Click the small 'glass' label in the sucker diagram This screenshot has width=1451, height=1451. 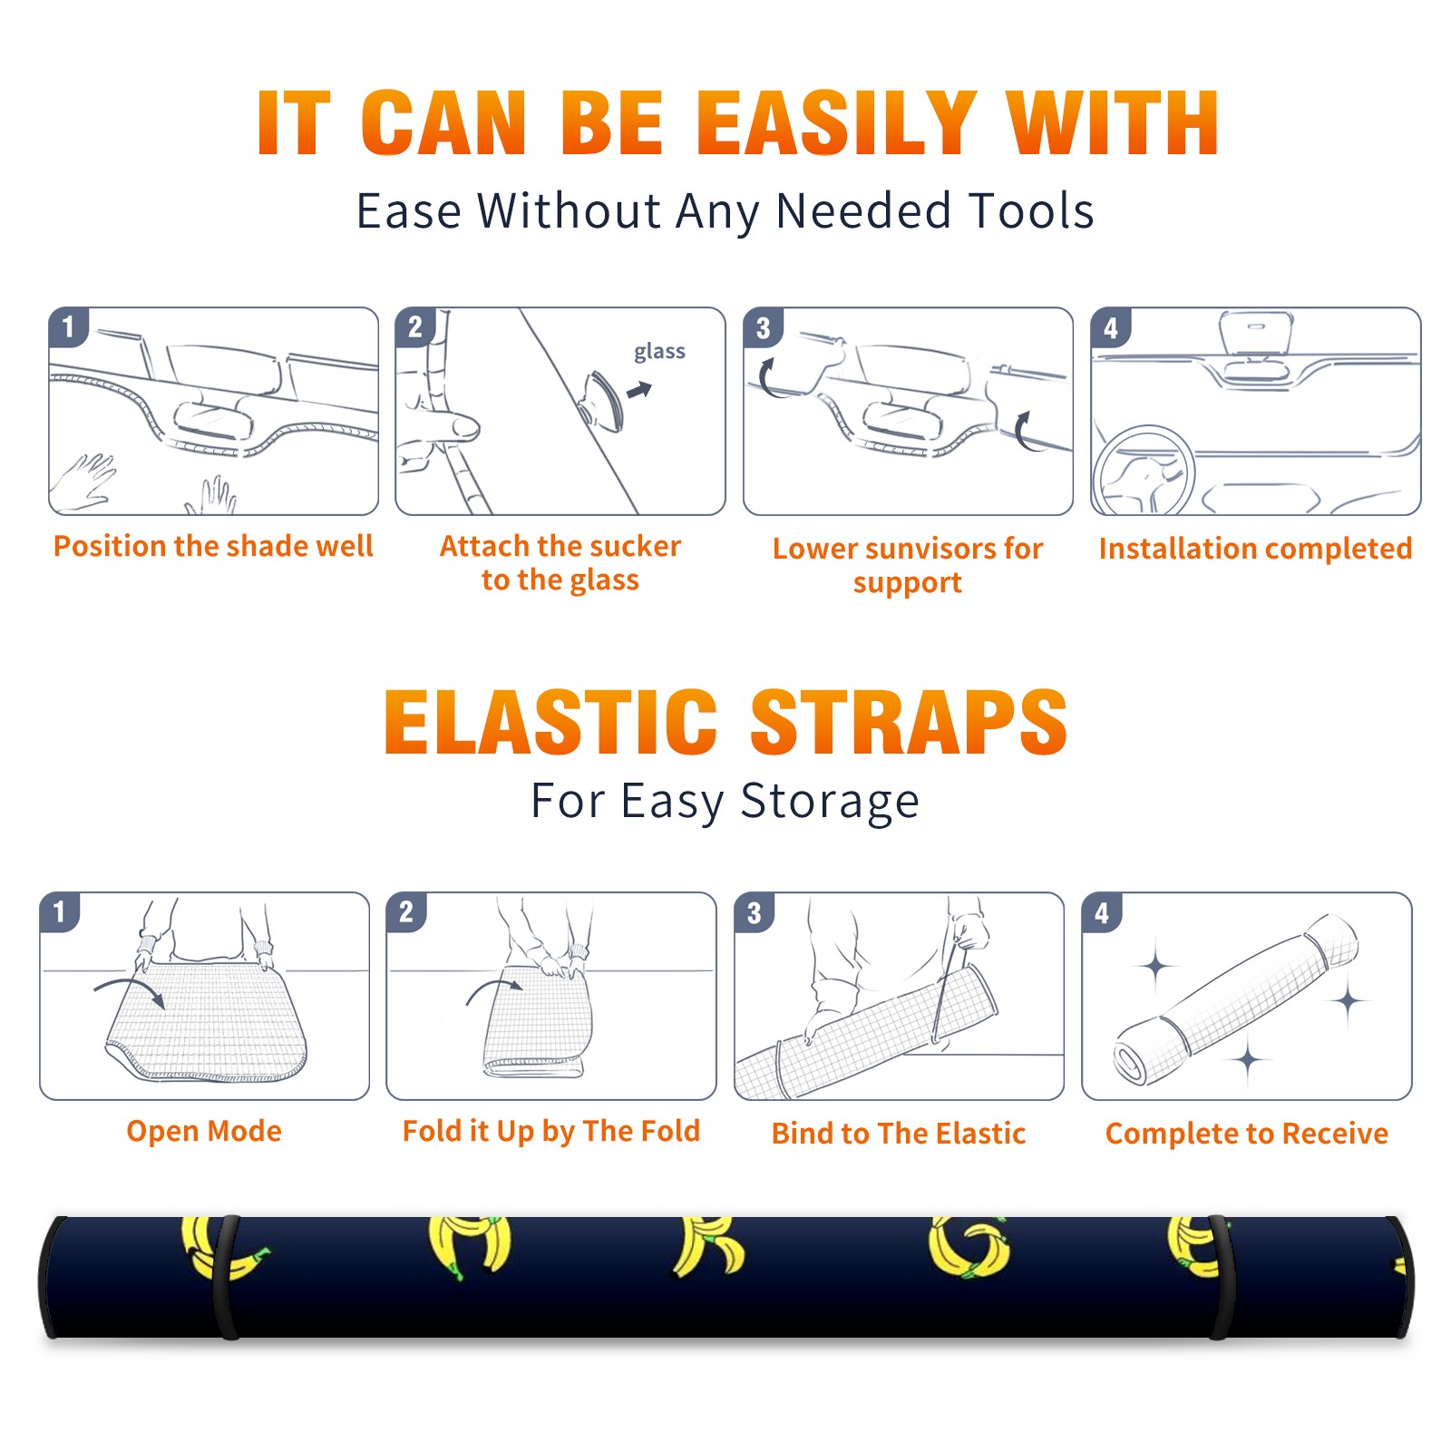(x=659, y=352)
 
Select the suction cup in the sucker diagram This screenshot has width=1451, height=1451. (x=601, y=399)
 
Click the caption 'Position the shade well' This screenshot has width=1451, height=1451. (x=213, y=546)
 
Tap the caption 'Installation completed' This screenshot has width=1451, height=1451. (x=1255, y=549)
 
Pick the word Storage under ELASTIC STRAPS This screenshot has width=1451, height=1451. (x=830, y=802)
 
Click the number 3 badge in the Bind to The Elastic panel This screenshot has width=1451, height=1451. (x=755, y=912)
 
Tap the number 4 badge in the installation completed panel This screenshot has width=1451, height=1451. (x=1111, y=327)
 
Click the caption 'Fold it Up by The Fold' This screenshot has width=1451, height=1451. (x=551, y=1131)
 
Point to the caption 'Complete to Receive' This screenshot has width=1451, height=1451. (x=1247, y=1134)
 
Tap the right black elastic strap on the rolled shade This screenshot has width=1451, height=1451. (x=1221, y=1277)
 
